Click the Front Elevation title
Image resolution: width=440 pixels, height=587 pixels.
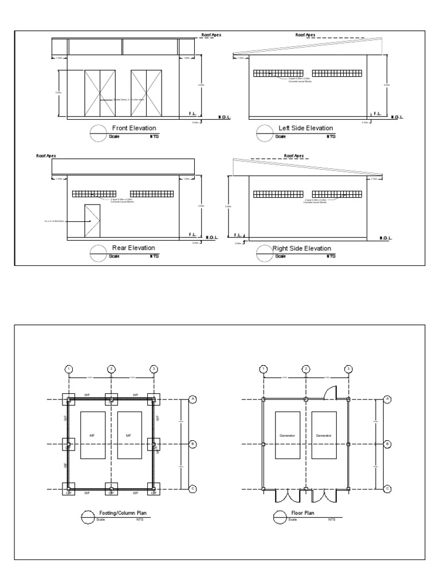pos(133,128)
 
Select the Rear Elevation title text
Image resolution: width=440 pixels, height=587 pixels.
pos(133,248)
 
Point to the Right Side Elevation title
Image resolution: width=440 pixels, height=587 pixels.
pos(302,248)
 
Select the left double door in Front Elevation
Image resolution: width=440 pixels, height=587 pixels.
pos(100,93)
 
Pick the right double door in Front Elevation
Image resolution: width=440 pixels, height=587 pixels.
pos(147,93)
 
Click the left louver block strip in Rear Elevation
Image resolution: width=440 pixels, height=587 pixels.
pos(94,194)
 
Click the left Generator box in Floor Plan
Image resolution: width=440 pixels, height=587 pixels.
pos(287,435)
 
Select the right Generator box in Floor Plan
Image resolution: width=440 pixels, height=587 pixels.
pos(324,435)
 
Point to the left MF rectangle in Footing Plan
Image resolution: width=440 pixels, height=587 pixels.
pos(92,435)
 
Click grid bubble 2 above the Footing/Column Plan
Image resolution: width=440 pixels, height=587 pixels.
pos(112,369)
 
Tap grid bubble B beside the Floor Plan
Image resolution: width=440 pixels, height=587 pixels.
pos(387,444)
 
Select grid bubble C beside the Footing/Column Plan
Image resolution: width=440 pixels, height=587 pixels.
pos(192,488)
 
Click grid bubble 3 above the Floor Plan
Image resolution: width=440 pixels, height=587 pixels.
pos(348,369)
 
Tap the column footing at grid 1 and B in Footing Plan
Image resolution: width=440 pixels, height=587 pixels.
pos(68,444)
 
